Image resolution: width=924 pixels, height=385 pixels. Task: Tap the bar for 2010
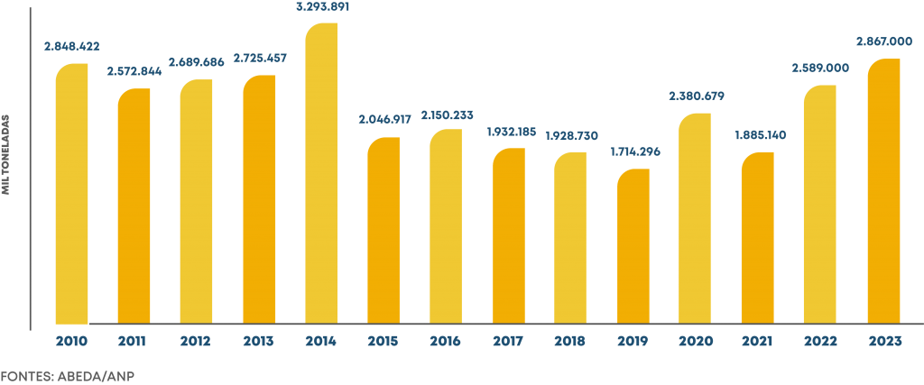[x=72, y=193]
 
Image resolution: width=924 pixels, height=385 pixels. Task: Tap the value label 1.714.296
[x=633, y=151]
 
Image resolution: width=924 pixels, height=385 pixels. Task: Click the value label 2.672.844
[x=134, y=71]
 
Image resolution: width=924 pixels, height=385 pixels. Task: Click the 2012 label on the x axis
[x=196, y=341]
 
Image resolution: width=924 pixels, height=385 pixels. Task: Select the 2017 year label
[x=509, y=341]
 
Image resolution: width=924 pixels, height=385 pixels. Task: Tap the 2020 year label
[x=696, y=341]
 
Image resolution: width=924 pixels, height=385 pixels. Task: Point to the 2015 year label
[x=383, y=341]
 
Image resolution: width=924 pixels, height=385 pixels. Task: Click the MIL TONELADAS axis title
[x=7, y=154]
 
